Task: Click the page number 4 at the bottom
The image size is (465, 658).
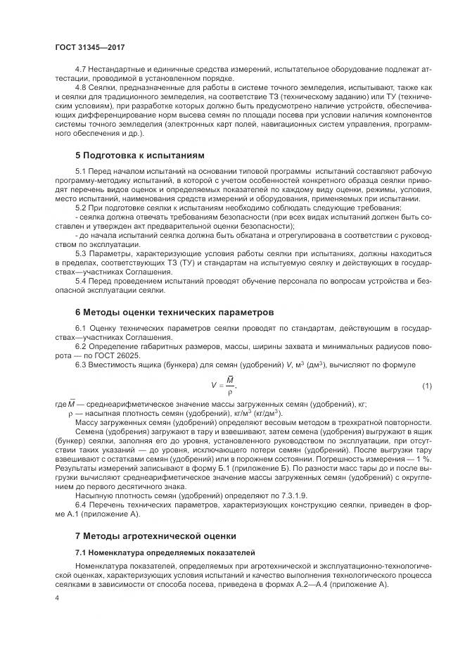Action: (x=56, y=598)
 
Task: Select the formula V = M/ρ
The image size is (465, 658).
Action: (x=224, y=386)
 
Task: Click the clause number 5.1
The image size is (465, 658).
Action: (x=80, y=172)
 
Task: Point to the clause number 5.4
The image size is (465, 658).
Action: (x=80, y=281)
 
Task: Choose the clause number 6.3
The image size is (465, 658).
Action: (x=80, y=364)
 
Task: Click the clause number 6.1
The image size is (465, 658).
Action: (x=80, y=328)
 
